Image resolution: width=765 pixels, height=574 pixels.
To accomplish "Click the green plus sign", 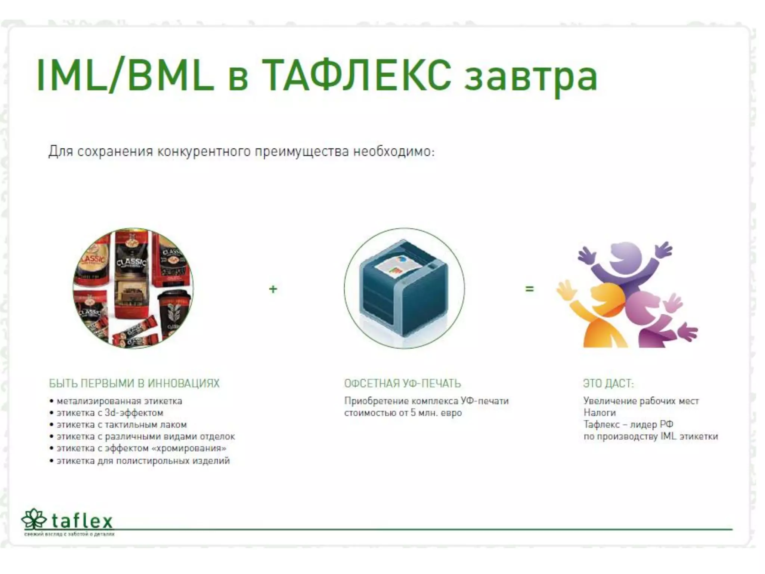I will pos(273,289).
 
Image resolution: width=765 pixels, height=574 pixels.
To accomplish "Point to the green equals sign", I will pos(529,289).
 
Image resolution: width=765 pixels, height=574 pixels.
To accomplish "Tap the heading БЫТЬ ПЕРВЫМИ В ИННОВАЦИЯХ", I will pos(134,383).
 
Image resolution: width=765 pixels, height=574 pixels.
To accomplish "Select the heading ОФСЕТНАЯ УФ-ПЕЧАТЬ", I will pos(402,383).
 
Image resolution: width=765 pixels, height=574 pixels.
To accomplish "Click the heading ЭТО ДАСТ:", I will pos(608,383).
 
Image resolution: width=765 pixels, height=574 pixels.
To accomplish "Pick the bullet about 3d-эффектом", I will pos(110,413).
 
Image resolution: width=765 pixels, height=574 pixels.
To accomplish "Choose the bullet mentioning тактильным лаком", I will pos(121,425).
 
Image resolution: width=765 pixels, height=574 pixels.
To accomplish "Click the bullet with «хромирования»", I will pos(141,448).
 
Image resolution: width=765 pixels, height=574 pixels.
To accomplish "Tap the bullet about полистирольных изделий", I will pos(143,461).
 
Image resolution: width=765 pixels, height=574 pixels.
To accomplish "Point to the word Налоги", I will pos(600,413).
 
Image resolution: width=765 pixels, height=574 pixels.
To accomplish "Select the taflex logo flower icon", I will pos(34,519).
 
